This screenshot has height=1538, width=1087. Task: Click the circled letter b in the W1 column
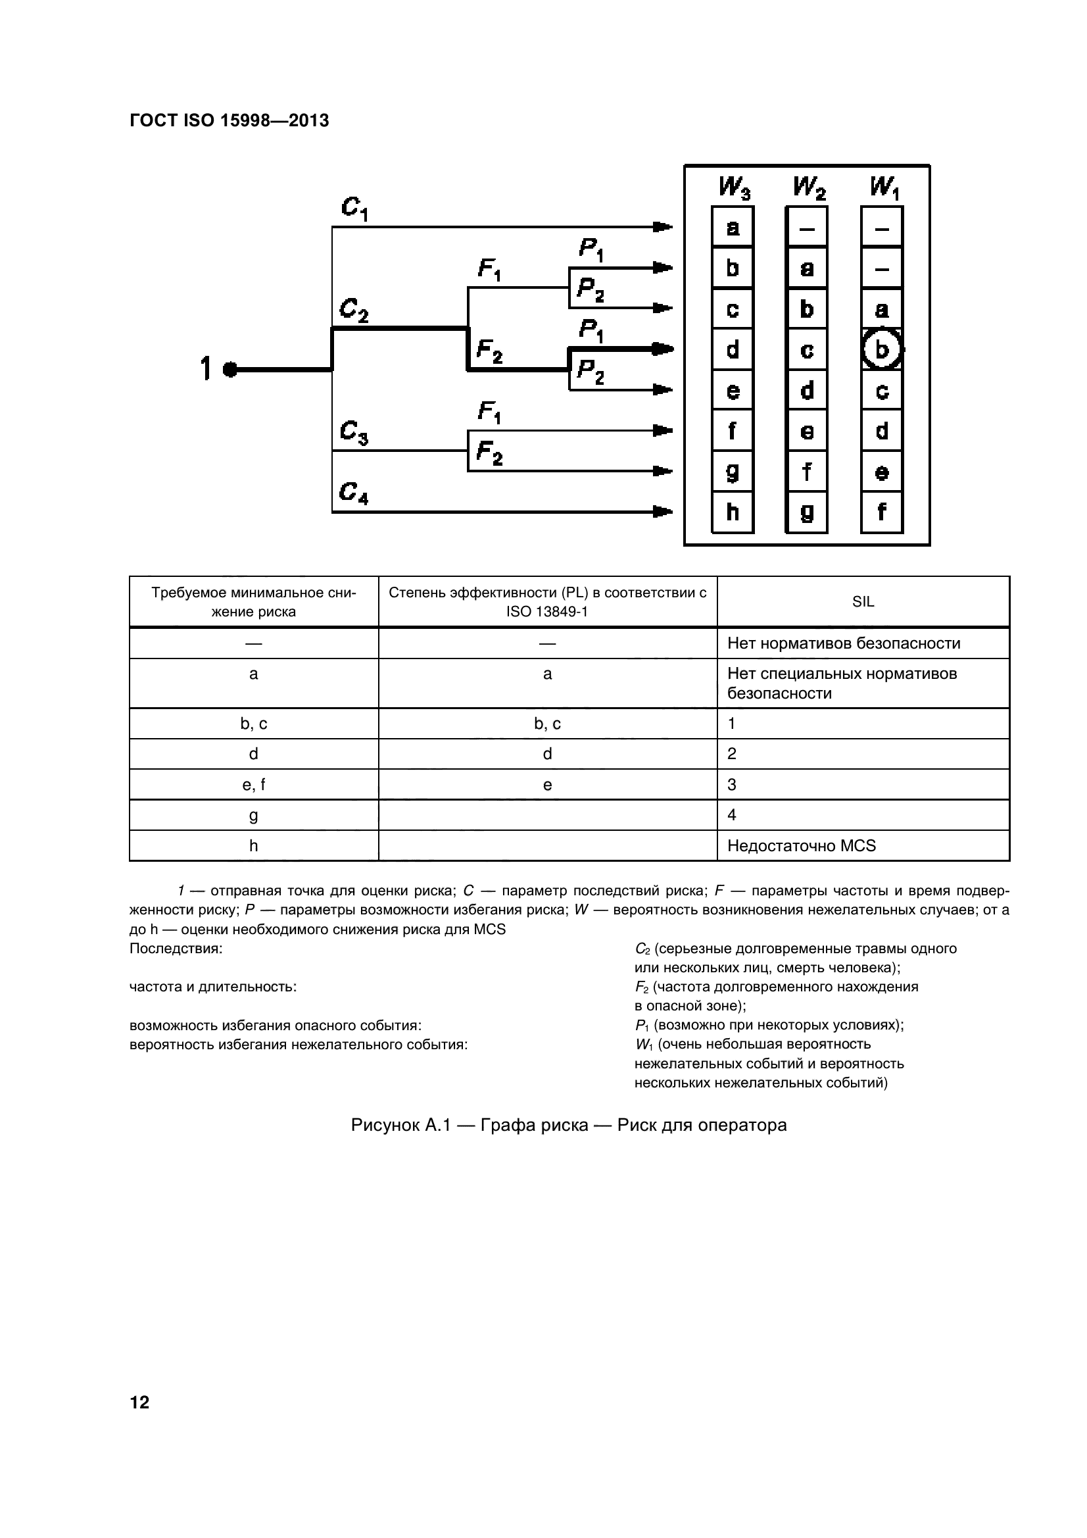(x=881, y=349)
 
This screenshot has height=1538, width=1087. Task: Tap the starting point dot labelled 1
(x=229, y=369)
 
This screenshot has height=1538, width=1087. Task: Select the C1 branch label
(x=354, y=209)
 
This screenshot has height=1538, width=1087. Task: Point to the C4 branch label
(x=354, y=493)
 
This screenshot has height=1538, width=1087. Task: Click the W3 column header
(x=734, y=187)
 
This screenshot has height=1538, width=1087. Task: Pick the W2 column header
(x=808, y=187)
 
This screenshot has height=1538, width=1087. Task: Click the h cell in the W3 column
(x=733, y=512)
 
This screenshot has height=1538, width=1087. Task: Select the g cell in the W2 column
(x=807, y=512)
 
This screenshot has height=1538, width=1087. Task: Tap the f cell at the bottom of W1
(x=881, y=512)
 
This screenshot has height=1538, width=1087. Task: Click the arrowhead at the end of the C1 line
(x=662, y=227)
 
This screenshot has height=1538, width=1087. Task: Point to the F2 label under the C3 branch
(x=490, y=453)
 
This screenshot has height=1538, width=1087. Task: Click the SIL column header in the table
(x=863, y=602)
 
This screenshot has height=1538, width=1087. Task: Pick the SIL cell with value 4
(x=732, y=815)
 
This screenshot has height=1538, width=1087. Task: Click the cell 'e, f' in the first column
(x=253, y=785)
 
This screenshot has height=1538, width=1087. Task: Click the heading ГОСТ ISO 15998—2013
(x=229, y=121)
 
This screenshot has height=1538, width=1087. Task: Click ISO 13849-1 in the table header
(x=547, y=612)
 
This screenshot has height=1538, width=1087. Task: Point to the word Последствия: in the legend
(x=176, y=949)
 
